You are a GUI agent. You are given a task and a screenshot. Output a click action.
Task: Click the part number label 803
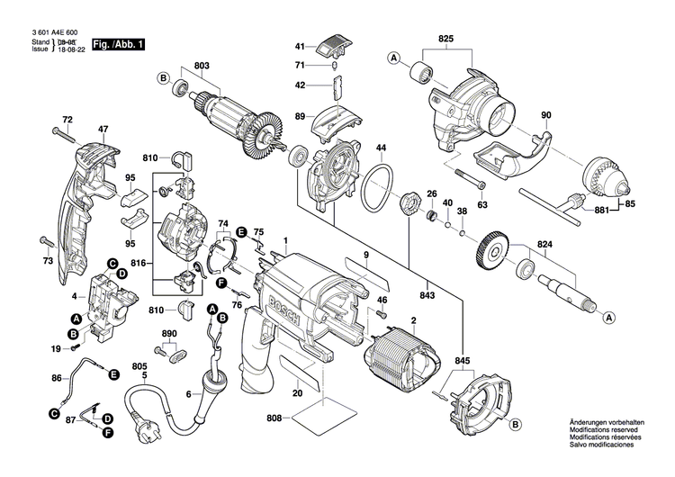(201, 65)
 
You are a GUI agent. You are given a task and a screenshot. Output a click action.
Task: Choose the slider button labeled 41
(334, 44)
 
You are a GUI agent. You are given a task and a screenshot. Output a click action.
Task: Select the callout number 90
(545, 114)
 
